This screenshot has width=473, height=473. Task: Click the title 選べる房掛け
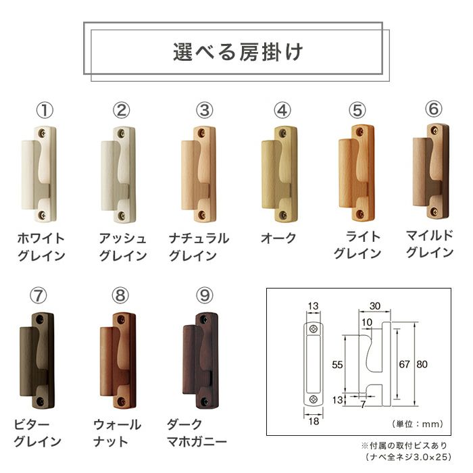click(238, 53)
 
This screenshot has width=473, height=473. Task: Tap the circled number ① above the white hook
click(45, 110)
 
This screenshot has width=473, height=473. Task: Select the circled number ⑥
click(434, 109)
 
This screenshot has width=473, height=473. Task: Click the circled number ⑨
click(205, 295)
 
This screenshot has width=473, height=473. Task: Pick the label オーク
click(278, 239)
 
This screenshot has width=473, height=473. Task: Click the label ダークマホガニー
click(197, 433)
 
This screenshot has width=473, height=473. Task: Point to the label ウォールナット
click(117, 433)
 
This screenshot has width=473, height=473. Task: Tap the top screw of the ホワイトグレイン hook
click(43, 132)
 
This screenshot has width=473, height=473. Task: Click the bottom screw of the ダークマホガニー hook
click(205, 401)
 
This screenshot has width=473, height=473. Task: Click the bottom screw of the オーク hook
click(282, 215)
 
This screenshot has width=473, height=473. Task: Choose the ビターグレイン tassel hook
click(36, 361)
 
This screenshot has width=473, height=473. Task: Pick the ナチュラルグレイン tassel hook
click(199, 174)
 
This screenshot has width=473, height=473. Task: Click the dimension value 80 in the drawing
click(422, 364)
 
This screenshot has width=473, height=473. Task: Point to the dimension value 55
click(337, 365)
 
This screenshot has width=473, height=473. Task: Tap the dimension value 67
click(405, 364)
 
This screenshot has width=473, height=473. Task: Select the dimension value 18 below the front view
click(314, 421)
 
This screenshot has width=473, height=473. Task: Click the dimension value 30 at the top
click(375, 306)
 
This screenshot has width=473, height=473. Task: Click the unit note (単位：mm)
click(418, 424)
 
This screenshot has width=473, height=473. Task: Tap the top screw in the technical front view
click(314, 329)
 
